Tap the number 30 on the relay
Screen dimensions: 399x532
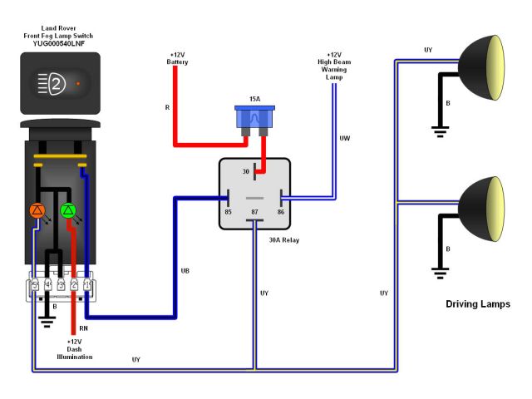tap(246, 172)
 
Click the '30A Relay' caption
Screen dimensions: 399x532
tap(283, 240)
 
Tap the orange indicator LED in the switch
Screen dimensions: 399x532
tap(37, 209)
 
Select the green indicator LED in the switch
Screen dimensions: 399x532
tap(69, 209)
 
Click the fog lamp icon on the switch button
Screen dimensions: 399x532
tap(50, 83)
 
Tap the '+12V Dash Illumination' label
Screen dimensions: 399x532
tap(74, 349)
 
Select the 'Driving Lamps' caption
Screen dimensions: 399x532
tap(476, 303)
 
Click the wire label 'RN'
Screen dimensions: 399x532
tap(84, 328)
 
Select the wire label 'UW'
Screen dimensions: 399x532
tap(343, 138)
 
